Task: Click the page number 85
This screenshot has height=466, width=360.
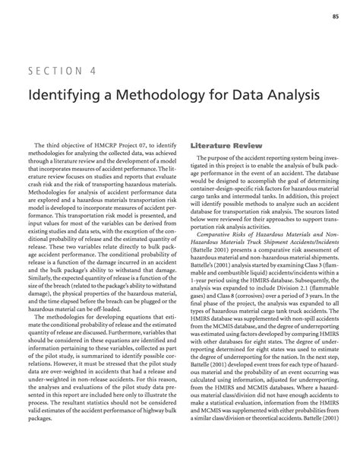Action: coord(334,16)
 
